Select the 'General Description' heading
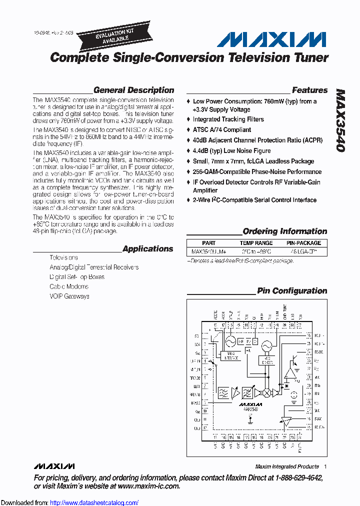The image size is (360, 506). tap(133, 90)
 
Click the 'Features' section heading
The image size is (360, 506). tap(309, 90)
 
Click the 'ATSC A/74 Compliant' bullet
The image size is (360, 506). tap(222, 130)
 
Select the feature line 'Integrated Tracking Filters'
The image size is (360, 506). tap(228, 119)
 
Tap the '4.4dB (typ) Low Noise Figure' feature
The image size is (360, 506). tap(231, 150)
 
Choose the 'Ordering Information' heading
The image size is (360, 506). tap(284, 231)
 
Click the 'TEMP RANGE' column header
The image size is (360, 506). tap(257, 243)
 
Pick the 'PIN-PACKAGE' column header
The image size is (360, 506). tap(303, 243)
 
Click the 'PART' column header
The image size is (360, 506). tap(209, 243)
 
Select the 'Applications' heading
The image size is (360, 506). tap(147, 249)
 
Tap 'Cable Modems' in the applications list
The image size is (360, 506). tap(69, 286)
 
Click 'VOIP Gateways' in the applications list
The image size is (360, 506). tap(69, 296)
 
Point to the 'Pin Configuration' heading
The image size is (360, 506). tap(292, 291)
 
